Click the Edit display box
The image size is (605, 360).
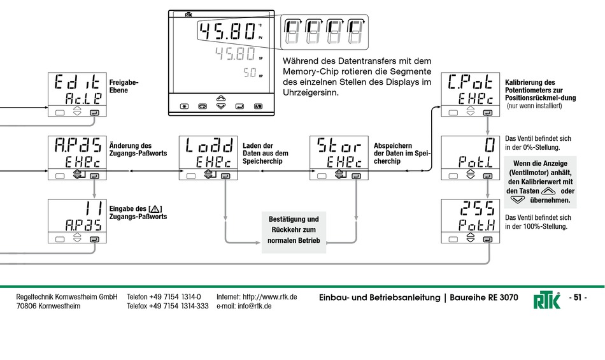pos(77,94)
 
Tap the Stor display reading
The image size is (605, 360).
pos(339,145)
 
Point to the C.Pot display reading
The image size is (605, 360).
pos(471,82)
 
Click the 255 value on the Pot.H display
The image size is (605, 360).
pos(478,209)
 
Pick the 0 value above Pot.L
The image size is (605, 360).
pos(490,145)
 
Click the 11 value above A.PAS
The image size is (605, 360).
pos(94,209)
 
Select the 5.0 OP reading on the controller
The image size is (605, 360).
pos(250,73)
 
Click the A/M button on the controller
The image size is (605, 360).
pos(258,106)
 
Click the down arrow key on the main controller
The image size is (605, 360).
pos(221,106)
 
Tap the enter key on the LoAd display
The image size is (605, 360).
pos(225,176)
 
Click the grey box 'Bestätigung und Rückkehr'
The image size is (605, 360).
pos(294,232)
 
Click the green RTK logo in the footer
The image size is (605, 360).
pos(547,300)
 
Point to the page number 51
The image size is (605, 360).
pos(578,298)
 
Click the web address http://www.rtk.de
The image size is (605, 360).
pos(270,297)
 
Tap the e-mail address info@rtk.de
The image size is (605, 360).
pos(255,306)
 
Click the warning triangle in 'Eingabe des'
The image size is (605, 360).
pos(155,209)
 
